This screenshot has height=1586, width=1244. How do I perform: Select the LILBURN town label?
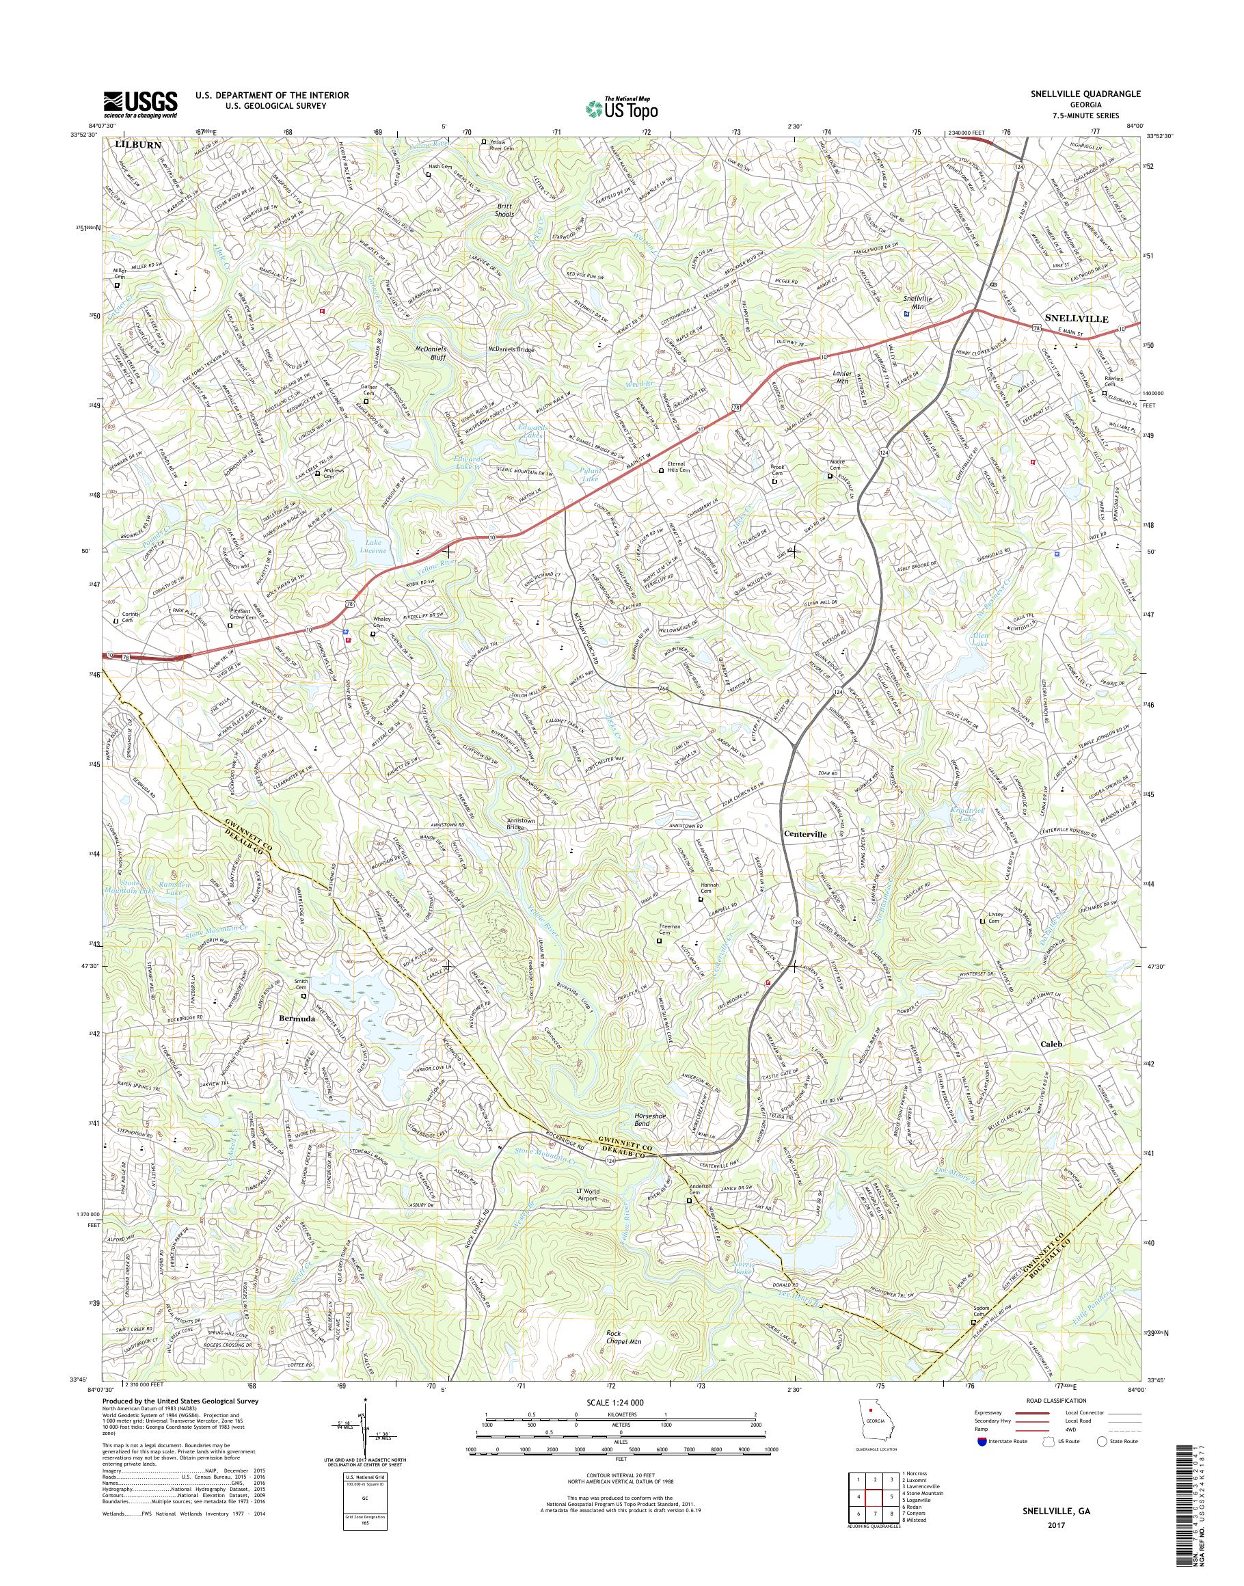coord(135,146)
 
